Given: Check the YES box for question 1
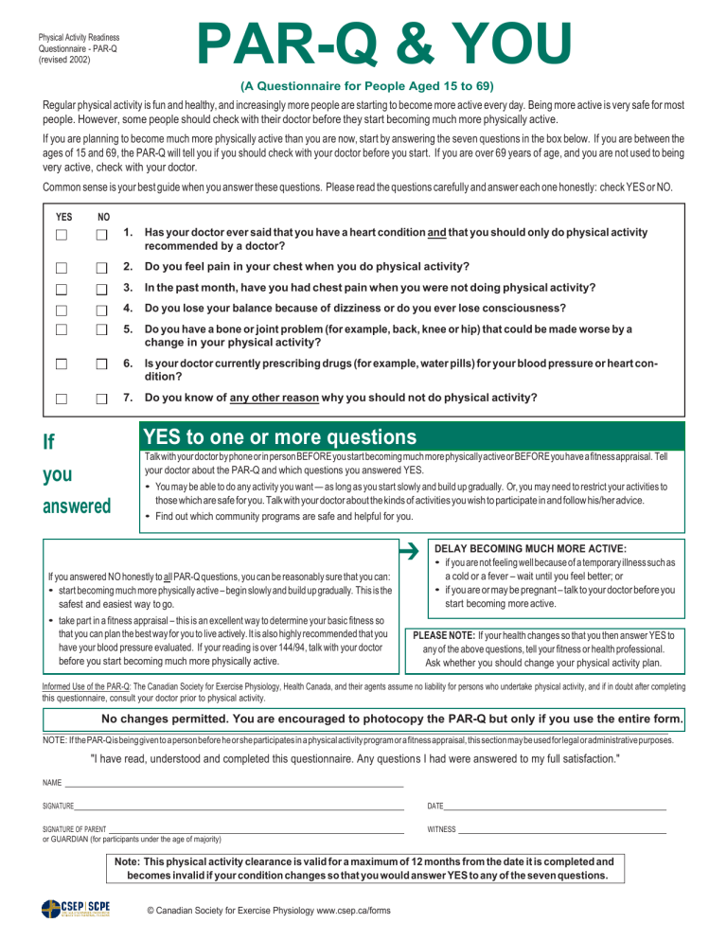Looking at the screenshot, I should coord(62,235).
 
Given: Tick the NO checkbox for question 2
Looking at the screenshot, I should coord(102,267).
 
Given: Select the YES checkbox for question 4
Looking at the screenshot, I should coord(62,310).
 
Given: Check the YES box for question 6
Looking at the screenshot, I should coord(62,364).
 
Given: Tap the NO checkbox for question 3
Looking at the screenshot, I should coord(102,289).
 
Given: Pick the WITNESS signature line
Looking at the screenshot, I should coord(562,829).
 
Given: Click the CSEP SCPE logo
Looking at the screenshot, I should coord(76,910).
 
